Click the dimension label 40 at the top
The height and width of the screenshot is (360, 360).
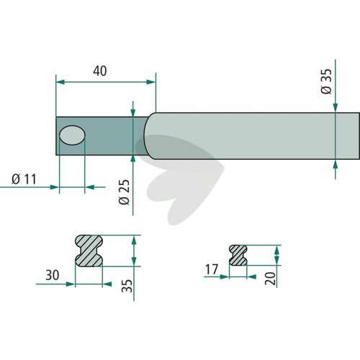(100, 71)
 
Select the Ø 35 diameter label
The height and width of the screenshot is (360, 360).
(326, 81)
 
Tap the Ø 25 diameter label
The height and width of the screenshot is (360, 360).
(124, 192)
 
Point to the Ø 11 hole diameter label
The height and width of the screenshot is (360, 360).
(24, 179)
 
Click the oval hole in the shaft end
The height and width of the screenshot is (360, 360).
(72, 135)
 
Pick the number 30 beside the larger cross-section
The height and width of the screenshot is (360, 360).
(53, 275)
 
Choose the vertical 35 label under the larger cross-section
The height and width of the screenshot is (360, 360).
(127, 286)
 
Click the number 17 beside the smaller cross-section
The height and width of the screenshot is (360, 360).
(212, 269)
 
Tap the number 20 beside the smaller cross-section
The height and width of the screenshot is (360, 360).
(271, 279)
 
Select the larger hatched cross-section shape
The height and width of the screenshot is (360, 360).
(89, 251)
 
